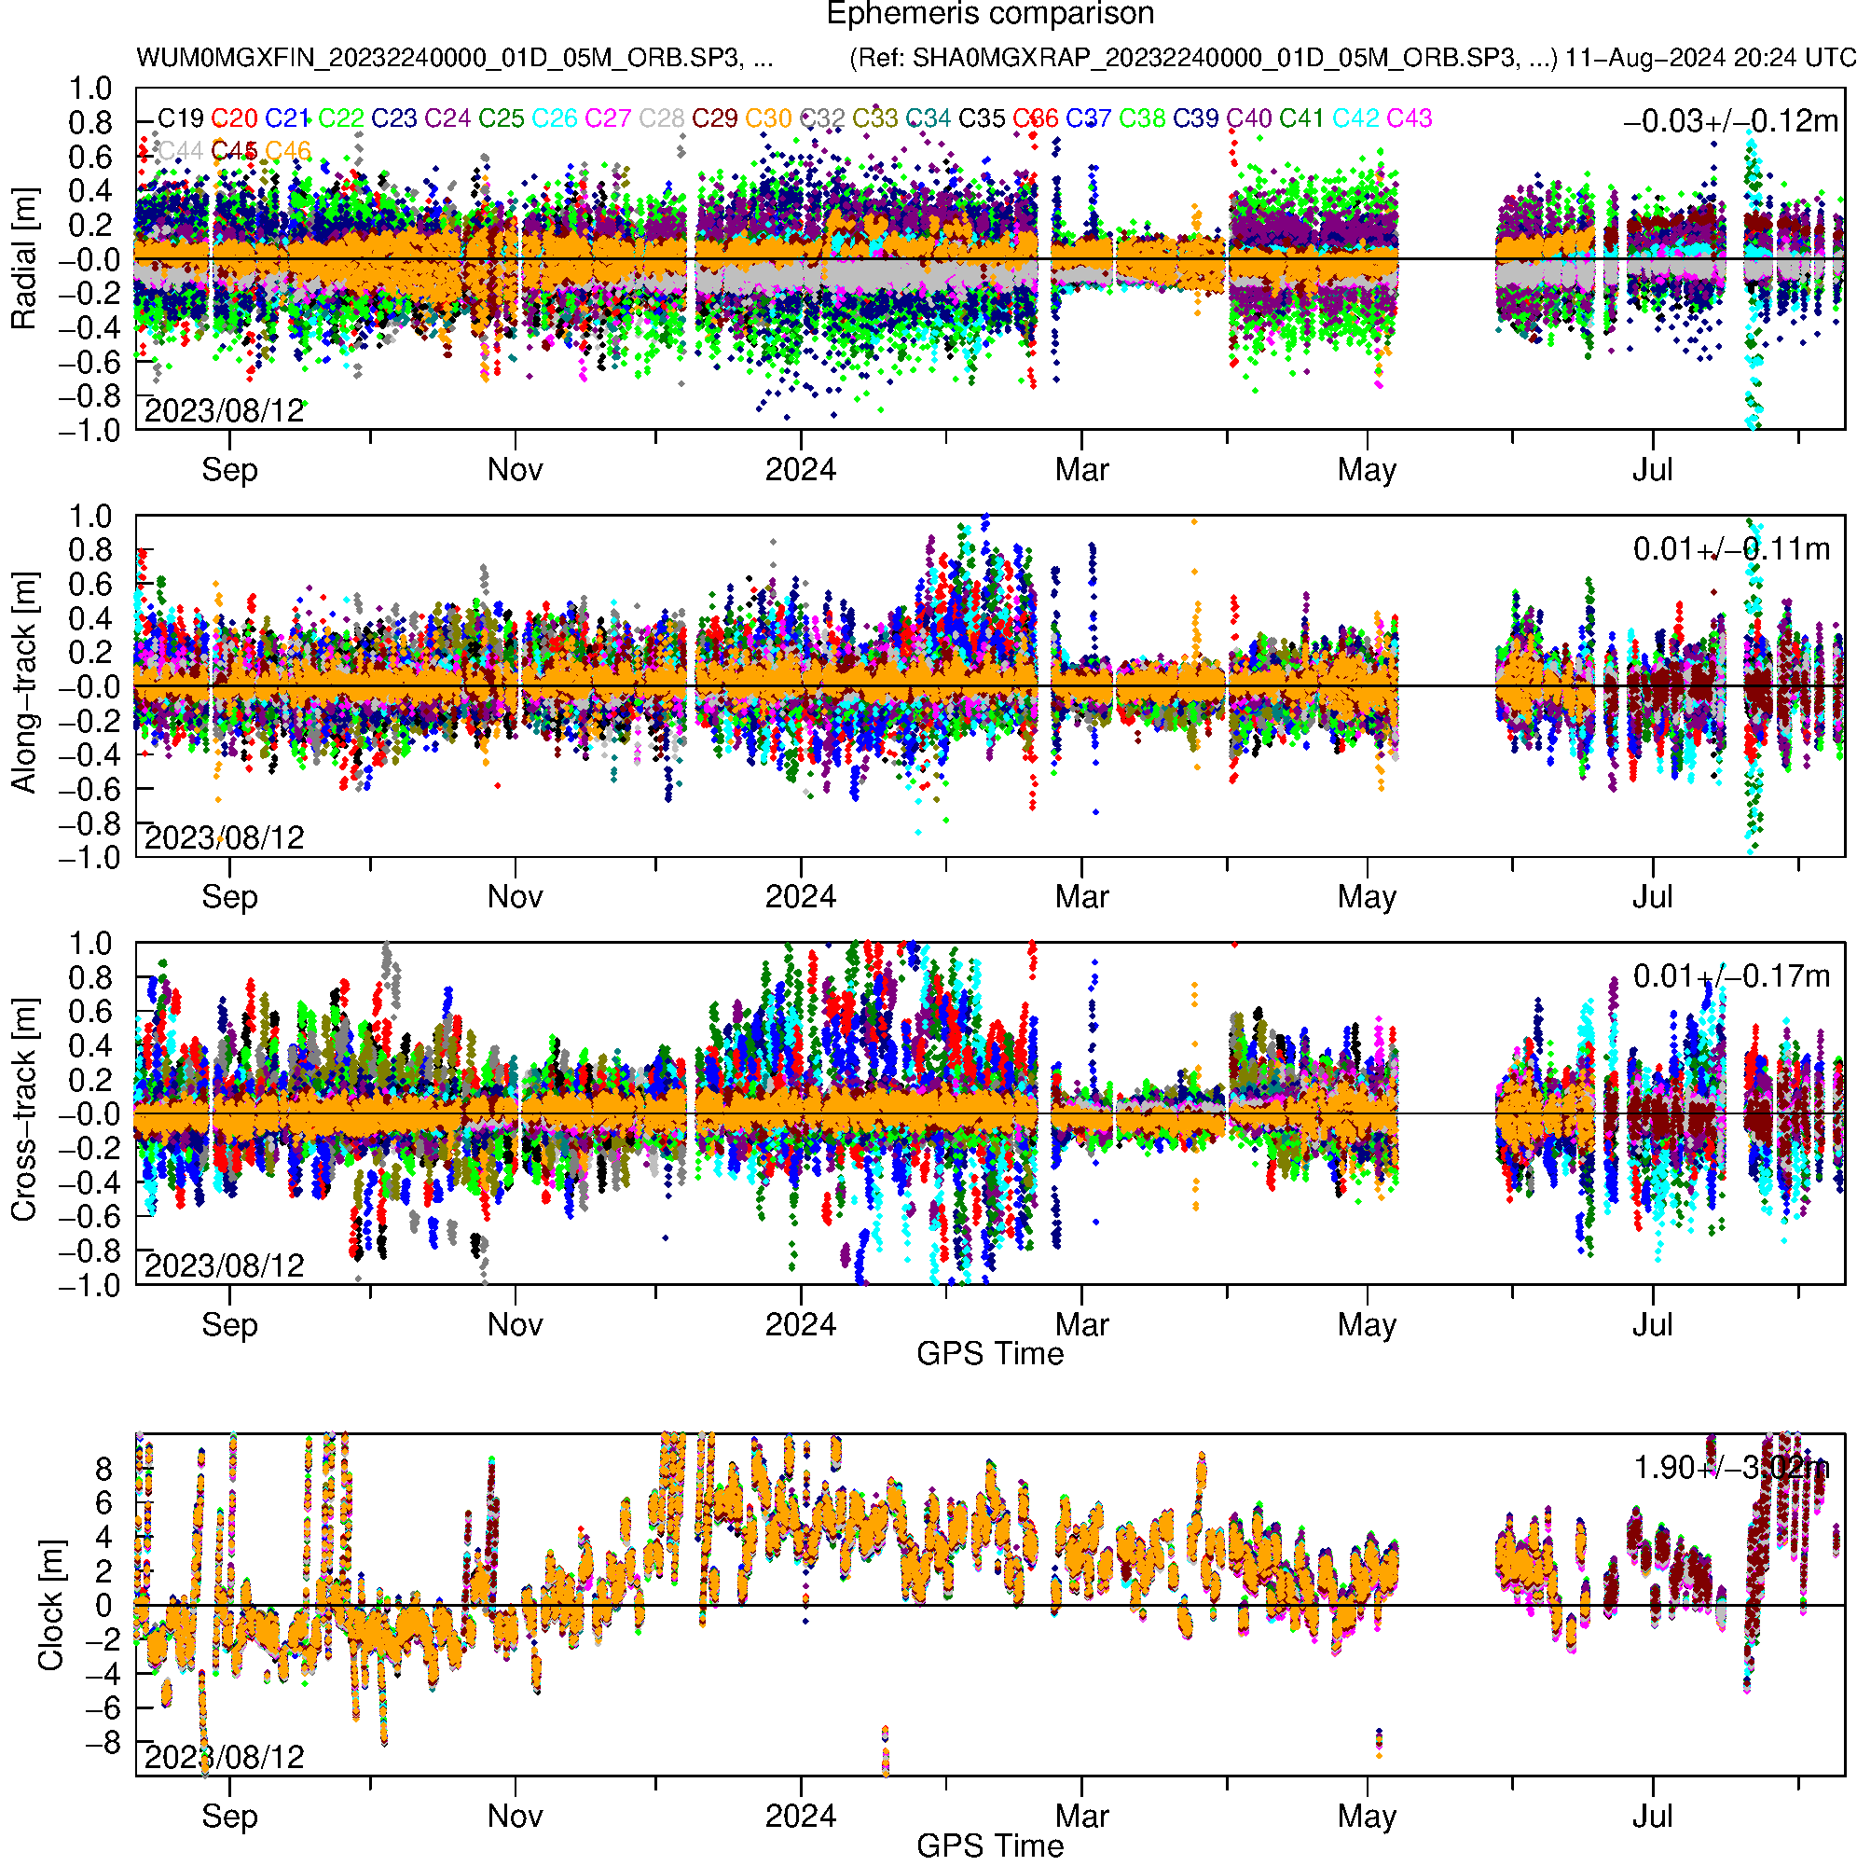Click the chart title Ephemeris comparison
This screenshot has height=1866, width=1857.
click(x=990, y=15)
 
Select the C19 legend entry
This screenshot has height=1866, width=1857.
click(x=181, y=118)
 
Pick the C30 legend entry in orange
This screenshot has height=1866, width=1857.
click(x=768, y=118)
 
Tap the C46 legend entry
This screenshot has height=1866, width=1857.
click(x=288, y=152)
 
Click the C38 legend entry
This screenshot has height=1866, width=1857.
click(x=1142, y=118)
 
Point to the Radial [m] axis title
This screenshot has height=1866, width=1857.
click(x=23, y=259)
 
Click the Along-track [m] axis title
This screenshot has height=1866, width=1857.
click(x=23, y=684)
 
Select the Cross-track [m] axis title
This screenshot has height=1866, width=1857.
click(x=23, y=1111)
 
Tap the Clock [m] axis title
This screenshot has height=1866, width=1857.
click(x=50, y=1605)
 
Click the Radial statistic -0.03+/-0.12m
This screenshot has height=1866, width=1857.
click(x=1730, y=121)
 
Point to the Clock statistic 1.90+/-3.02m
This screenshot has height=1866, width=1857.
click(x=1730, y=1468)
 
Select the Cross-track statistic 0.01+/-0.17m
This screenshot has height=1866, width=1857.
click(x=1730, y=976)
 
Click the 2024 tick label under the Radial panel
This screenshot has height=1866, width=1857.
click(x=801, y=470)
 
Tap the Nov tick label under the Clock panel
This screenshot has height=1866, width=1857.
click(x=515, y=1817)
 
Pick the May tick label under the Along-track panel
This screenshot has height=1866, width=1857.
click(x=1367, y=897)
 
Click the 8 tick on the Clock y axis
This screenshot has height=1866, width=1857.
click(x=103, y=1469)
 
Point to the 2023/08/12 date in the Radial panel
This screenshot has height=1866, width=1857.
click(x=224, y=411)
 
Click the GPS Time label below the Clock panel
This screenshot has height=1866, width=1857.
click(x=990, y=1846)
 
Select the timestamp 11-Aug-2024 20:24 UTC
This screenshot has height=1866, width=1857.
click(x=1710, y=58)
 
